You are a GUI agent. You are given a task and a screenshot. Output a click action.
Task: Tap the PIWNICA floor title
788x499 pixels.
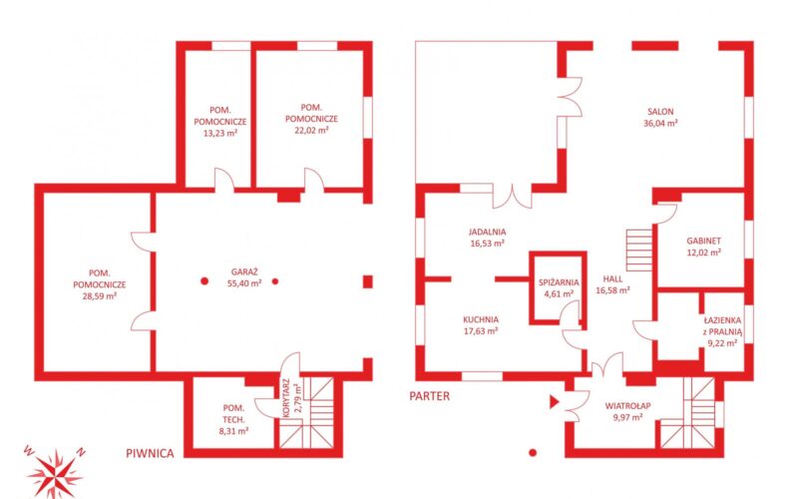[x=150, y=453]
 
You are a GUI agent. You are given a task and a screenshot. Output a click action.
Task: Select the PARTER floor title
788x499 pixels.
[x=430, y=396]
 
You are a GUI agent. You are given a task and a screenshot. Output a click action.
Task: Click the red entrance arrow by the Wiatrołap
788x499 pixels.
[x=554, y=401]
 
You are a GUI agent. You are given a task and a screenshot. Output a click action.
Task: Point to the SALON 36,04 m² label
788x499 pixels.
[x=660, y=117]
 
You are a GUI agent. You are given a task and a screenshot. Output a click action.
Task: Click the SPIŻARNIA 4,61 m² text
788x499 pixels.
[x=559, y=288]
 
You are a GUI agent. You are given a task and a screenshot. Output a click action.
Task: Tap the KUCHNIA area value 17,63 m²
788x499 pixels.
[x=481, y=331]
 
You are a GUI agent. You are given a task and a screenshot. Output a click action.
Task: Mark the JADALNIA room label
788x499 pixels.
[x=487, y=233]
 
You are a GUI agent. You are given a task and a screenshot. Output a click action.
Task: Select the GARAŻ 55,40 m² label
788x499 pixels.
[x=244, y=277]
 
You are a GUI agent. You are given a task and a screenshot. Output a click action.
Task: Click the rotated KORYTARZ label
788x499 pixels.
[x=286, y=398]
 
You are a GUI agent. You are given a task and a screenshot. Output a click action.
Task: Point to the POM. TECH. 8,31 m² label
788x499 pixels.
[x=233, y=419]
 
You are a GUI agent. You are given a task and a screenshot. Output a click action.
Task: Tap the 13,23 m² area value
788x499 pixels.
[x=220, y=134]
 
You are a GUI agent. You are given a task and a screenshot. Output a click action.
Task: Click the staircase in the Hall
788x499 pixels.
[x=639, y=250]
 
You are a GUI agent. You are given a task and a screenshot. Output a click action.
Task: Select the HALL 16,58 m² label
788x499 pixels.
[x=612, y=284]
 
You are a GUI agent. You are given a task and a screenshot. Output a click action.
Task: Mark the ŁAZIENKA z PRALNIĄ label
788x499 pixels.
[x=722, y=331]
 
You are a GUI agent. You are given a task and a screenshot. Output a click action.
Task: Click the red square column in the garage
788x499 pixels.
[x=368, y=281]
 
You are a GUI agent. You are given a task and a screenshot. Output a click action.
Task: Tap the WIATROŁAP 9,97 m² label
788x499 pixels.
[x=627, y=411]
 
